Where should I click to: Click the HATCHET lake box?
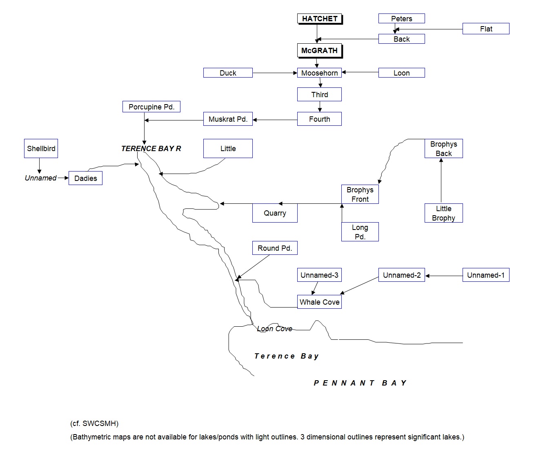pyautogui.click(x=319, y=19)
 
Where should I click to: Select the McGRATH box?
pyautogui.click(x=319, y=51)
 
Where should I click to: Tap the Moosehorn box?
pyautogui.click(x=319, y=73)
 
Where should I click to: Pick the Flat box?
pyautogui.click(x=486, y=29)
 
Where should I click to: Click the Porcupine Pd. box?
pyautogui.click(x=151, y=107)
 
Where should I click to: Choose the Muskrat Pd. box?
pyautogui.click(x=228, y=119)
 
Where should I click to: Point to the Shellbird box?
pyautogui.click(x=41, y=149)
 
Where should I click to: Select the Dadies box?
pyautogui.click(x=86, y=178)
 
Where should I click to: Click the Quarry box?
pyautogui.click(x=275, y=213)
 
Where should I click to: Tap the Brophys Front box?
pyautogui.click(x=360, y=194)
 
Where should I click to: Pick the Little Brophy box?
pyautogui.click(x=443, y=213)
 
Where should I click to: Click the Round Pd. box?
pyautogui.click(x=275, y=248)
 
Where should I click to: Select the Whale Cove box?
pyautogui.click(x=319, y=302)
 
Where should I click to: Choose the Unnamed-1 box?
pyautogui.click(x=486, y=275)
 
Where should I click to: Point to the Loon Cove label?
pyautogui.click(x=274, y=329)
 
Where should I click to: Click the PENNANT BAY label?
pyautogui.click(x=360, y=383)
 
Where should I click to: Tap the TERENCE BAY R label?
pyautogui.click(x=151, y=149)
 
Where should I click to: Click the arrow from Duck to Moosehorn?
pyautogui.click(x=274, y=73)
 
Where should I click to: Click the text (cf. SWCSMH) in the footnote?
pyautogui.click(x=94, y=424)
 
